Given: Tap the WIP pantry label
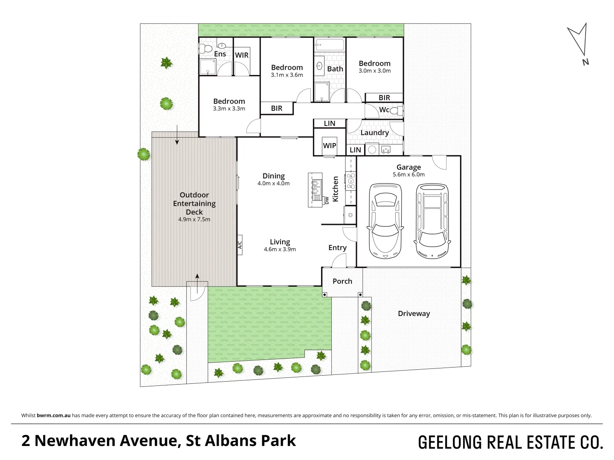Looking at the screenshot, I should click(329, 146).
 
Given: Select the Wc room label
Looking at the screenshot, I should click(384, 110).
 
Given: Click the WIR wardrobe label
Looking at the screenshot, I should click(242, 55).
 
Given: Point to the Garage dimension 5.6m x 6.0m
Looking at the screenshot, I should click(408, 175).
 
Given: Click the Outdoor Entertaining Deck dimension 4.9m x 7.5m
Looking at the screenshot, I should click(194, 220).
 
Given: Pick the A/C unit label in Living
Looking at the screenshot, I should click(240, 245).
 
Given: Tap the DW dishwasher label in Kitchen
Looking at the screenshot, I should click(327, 200).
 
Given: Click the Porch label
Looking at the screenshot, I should click(342, 281).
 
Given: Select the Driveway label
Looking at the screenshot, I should click(414, 313).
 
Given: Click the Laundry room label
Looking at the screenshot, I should click(374, 132).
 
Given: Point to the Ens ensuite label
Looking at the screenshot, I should click(220, 54).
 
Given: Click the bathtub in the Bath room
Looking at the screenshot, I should click(330, 44).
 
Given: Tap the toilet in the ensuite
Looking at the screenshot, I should click(206, 49).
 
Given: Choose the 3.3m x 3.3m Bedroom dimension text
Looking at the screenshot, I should click(229, 109).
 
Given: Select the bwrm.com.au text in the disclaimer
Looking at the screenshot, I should click(54, 415).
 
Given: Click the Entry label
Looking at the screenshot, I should click(337, 248).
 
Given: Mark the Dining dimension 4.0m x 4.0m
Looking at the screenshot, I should click(273, 184).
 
